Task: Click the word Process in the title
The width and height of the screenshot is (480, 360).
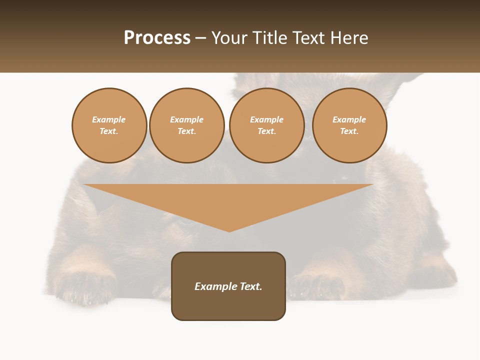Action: click(157, 38)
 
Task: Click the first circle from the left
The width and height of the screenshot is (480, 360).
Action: click(109, 125)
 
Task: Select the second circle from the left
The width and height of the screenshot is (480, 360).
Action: click(187, 125)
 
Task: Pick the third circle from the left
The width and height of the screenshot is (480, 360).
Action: click(267, 125)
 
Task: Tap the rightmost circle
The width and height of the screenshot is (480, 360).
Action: click(349, 125)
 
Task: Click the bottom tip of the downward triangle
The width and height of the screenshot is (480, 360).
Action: click(229, 231)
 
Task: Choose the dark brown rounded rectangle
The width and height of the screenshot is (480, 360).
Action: click(228, 305)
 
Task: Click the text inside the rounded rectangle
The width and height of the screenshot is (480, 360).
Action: click(228, 286)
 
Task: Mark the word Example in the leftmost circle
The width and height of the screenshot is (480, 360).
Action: click(109, 119)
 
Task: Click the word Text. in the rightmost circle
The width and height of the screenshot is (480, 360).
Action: click(349, 131)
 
